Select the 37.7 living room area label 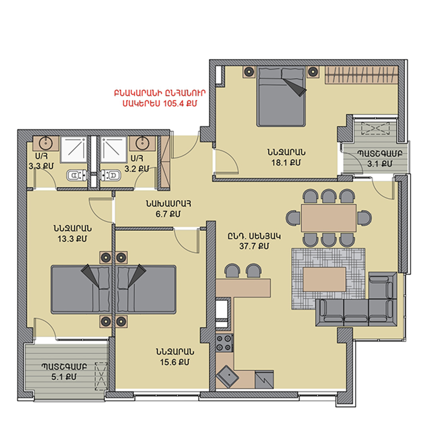(x=254, y=246)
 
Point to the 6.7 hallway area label (x=168, y=214)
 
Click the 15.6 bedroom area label (x=174, y=362)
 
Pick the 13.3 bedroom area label (x=72, y=239)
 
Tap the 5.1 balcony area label (x=64, y=377)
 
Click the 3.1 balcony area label (x=379, y=164)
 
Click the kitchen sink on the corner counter (x=227, y=377)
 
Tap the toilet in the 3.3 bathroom (x=77, y=175)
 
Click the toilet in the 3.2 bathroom (x=111, y=175)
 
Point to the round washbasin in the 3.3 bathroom (x=46, y=143)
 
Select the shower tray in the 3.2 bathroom (x=114, y=150)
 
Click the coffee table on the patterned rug (x=324, y=279)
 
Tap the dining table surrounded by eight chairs (x=329, y=218)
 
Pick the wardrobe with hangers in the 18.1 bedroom (x=361, y=75)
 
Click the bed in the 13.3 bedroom (x=81, y=289)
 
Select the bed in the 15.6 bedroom (x=145, y=289)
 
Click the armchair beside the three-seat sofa (x=383, y=285)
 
